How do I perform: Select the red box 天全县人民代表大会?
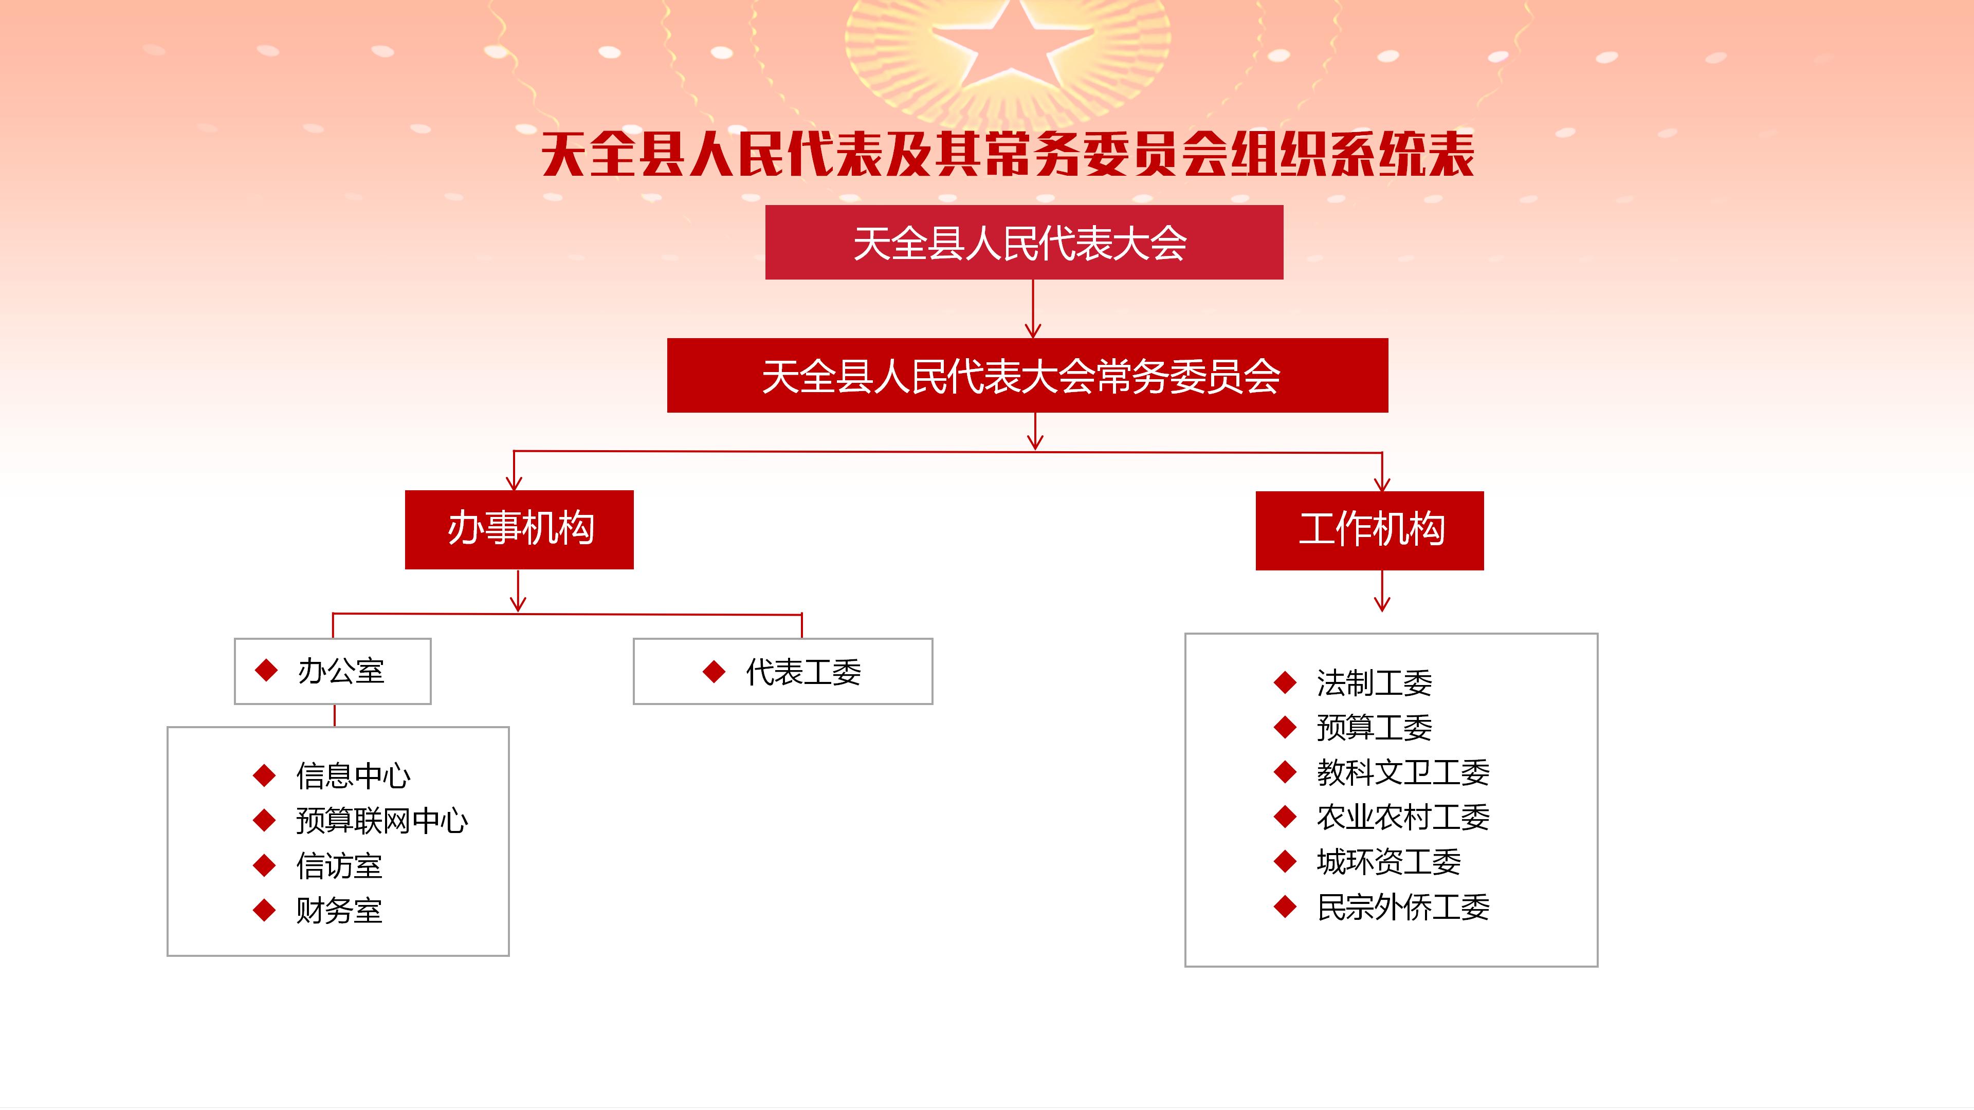[1024, 242]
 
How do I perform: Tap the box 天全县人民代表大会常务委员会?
[1028, 375]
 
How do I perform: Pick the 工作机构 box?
[1369, 530]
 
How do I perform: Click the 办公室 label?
[340, 671]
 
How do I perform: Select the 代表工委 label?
[803, 672]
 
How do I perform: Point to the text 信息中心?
[353, 776]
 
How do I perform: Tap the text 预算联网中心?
[381, 821]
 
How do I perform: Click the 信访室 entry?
[339, 865]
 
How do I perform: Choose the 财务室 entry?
[339, 910]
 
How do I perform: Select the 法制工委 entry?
[1374, 682]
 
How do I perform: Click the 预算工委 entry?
[1374, 727]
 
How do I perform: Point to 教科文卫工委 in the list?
[1403, 772]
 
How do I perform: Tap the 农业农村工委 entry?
[1403, 817]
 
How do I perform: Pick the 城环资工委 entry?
[1388, 862]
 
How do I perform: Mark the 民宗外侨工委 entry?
[1403, 907]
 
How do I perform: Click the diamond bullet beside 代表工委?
[714, 672]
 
